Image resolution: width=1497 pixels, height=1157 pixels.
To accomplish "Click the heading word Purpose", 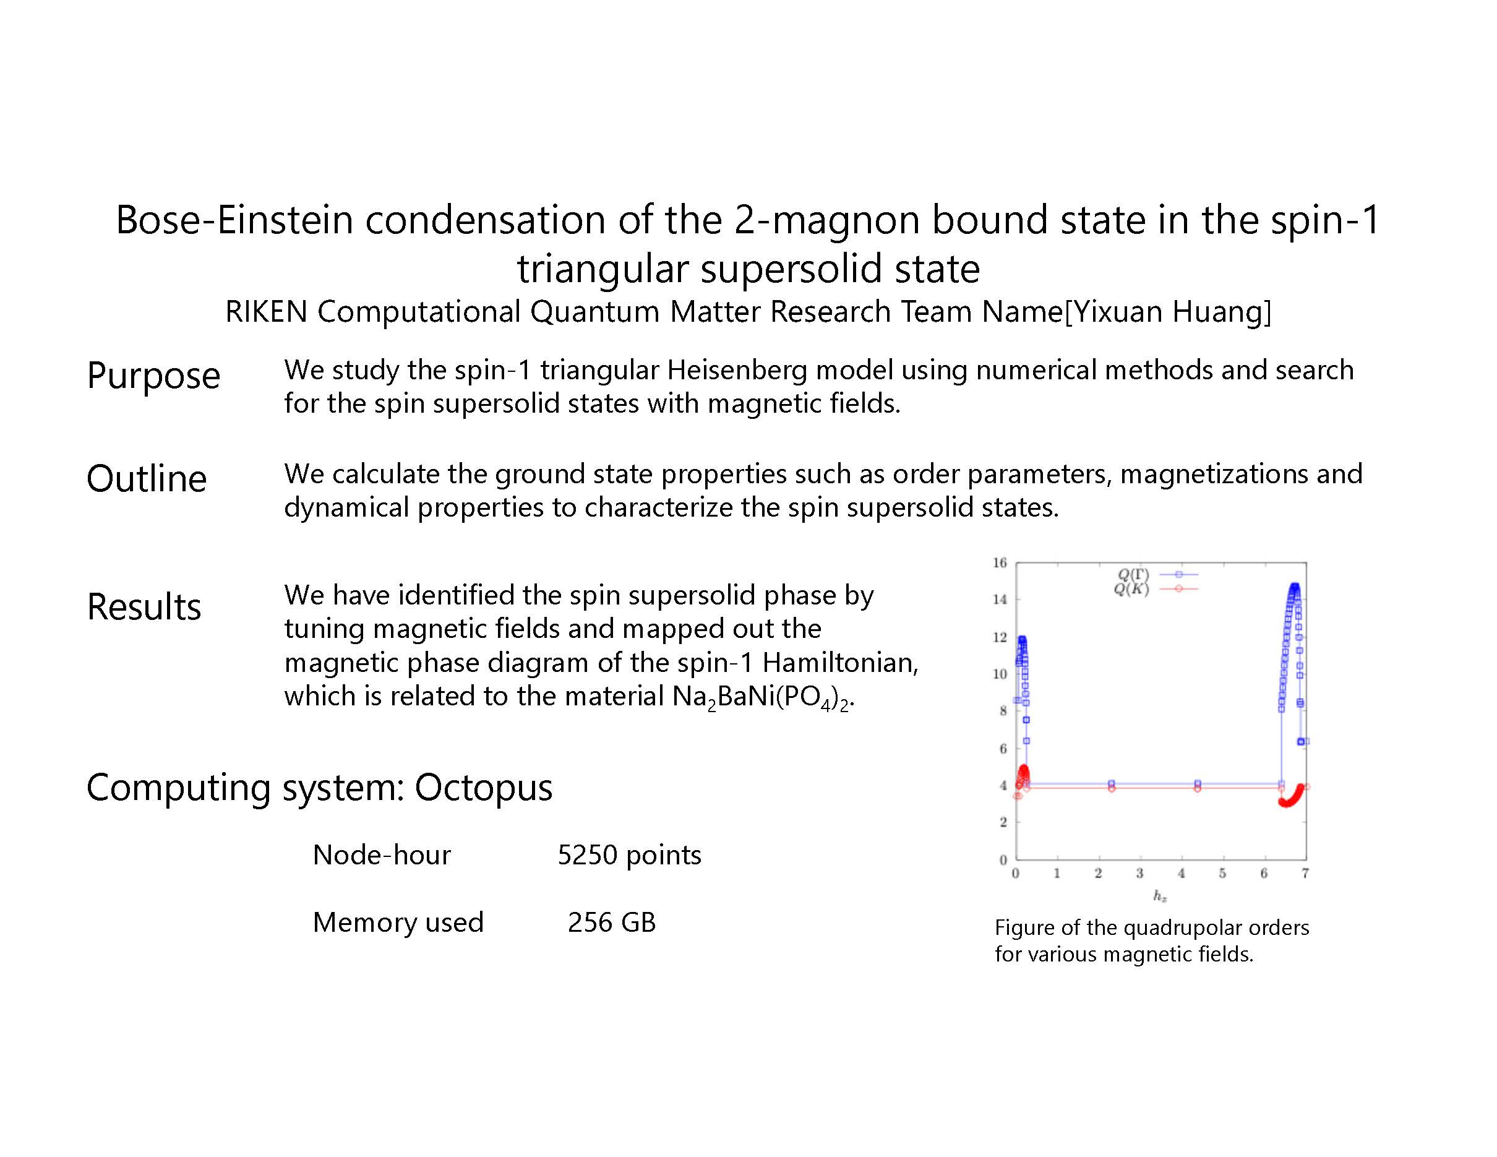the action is pos(153,376).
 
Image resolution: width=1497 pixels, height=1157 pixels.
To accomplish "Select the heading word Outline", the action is pos(147,478).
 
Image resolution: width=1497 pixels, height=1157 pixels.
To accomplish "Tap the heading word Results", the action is pos(144,606).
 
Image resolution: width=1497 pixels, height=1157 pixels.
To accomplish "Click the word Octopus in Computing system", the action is pos(483,788).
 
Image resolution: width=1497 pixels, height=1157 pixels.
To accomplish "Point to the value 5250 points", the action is pos(629,854).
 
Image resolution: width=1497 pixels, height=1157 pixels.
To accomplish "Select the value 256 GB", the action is pos(611,922).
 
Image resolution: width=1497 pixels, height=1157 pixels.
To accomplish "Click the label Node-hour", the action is pos(382,854).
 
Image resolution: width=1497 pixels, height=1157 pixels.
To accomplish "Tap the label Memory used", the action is pos(398,922).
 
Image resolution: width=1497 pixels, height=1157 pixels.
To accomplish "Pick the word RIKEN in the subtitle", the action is pos(266,312).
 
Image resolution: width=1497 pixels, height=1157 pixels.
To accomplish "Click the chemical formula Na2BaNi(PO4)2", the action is pos(762,697).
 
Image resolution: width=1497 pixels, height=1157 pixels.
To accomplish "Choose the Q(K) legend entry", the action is pos(1156,589).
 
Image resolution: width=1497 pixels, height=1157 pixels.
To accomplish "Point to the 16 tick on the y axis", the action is pos(1000,563).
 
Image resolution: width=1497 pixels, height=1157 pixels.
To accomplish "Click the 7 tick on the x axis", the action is pos(1305,873).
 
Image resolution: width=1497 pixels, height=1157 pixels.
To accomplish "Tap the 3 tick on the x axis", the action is pos(1139,873).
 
